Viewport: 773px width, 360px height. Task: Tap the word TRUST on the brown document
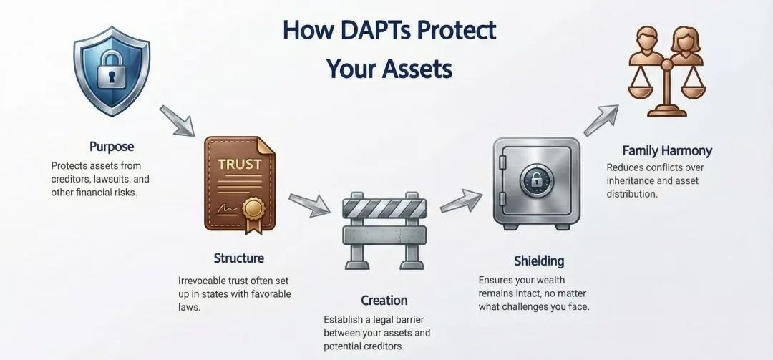tap(235, 164)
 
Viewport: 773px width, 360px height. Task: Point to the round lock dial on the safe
tap(535, 180)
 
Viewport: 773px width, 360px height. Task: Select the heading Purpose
tap(112, 146)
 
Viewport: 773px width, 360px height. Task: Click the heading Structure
tap(238, 258)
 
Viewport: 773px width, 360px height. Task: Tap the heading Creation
tap(384, 300)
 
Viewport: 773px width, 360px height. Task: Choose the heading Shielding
tap(539, 261)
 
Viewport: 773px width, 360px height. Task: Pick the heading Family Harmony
tap(667, 151)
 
